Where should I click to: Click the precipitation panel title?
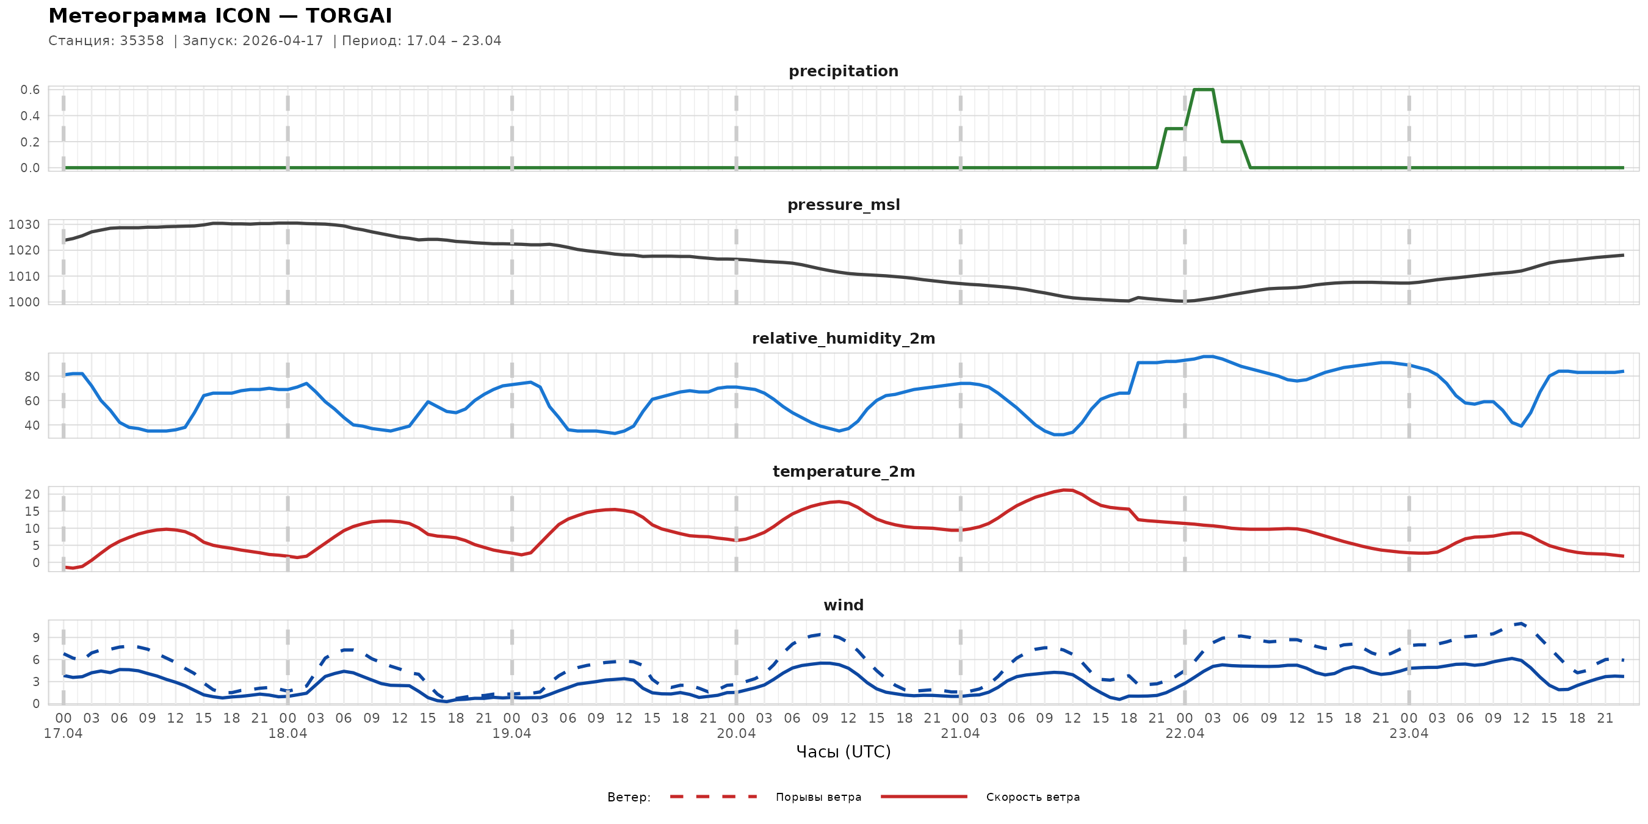(x=843, y=71)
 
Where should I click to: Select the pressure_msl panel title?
(x=843, y=204)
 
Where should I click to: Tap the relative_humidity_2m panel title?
(x=843, y=338)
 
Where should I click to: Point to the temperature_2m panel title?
(x=843, y=471)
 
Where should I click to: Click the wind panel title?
(x=843, y=605)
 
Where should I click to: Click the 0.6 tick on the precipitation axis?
(x=30, y=90)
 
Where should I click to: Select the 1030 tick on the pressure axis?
(x=24, y=225)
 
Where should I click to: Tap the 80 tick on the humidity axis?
(x=32, y=377)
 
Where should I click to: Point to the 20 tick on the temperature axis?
(x=32, y=494)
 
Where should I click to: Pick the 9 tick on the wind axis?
(x=36, y=637)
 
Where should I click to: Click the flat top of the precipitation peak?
(x=1204, y=90)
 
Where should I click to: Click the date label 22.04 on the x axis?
(x=1185, y=733)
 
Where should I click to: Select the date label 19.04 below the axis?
(x=512, y=733)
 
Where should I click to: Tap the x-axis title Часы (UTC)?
(x=843, y=752)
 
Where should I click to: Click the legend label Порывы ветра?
(x=819, y=797)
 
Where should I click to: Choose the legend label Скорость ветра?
(x=1033, y=797)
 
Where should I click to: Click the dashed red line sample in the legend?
(x=714, y=797)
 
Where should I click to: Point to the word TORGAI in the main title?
(x=349, y=16)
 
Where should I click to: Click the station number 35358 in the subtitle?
(x=142, y=41)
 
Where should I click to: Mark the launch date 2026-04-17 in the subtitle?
(x=283, y=41)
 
